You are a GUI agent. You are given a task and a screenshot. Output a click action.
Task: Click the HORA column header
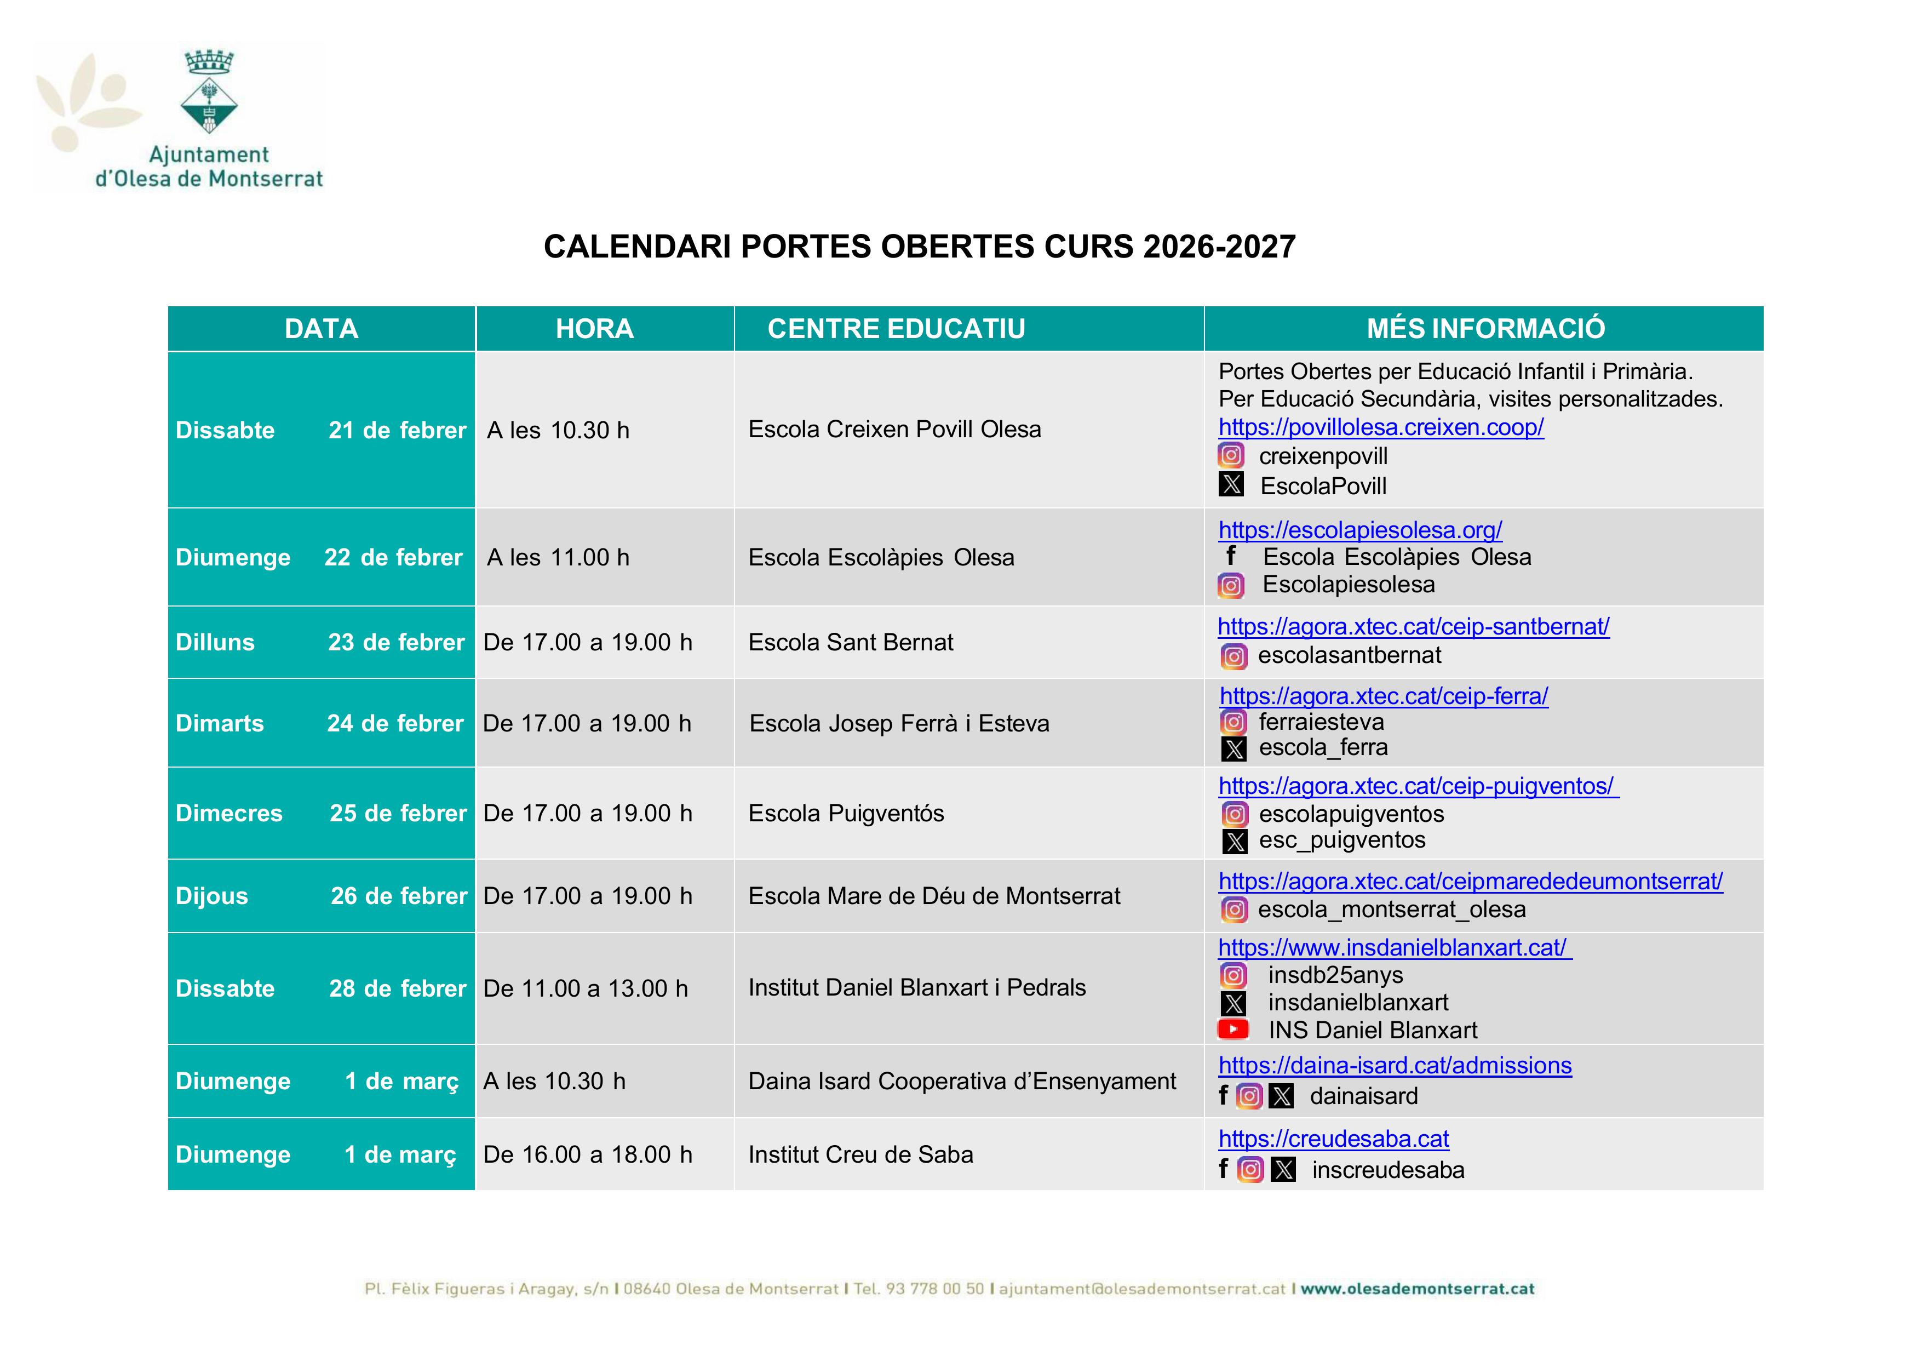(x=594, y=329)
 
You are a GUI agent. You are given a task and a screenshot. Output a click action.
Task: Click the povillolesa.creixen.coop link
(x=1381, y=427)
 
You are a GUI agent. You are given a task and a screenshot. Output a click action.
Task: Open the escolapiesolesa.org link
(x=1360, y=530)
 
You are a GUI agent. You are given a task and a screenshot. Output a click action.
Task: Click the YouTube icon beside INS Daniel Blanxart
(x=1232, y=1029)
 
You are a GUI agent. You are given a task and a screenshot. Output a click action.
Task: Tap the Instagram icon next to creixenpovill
(x=1231, y=455)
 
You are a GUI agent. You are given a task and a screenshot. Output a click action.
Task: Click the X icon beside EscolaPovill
(x=1231, y=484)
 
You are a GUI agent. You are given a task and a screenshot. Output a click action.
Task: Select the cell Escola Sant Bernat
(x=851, y=643)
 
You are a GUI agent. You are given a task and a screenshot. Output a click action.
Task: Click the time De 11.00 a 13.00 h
(x=586, y=989)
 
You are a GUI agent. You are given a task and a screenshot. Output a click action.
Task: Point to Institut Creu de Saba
(x=860, y=1155)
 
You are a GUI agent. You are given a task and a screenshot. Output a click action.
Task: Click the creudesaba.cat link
(x=1334, y=1139)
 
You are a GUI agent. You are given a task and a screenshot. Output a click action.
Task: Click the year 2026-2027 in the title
(x=1219, y=247)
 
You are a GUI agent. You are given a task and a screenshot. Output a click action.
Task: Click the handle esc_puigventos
(x=1341, y=840)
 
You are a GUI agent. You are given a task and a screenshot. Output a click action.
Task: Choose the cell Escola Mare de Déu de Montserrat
(x=934, y=897)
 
